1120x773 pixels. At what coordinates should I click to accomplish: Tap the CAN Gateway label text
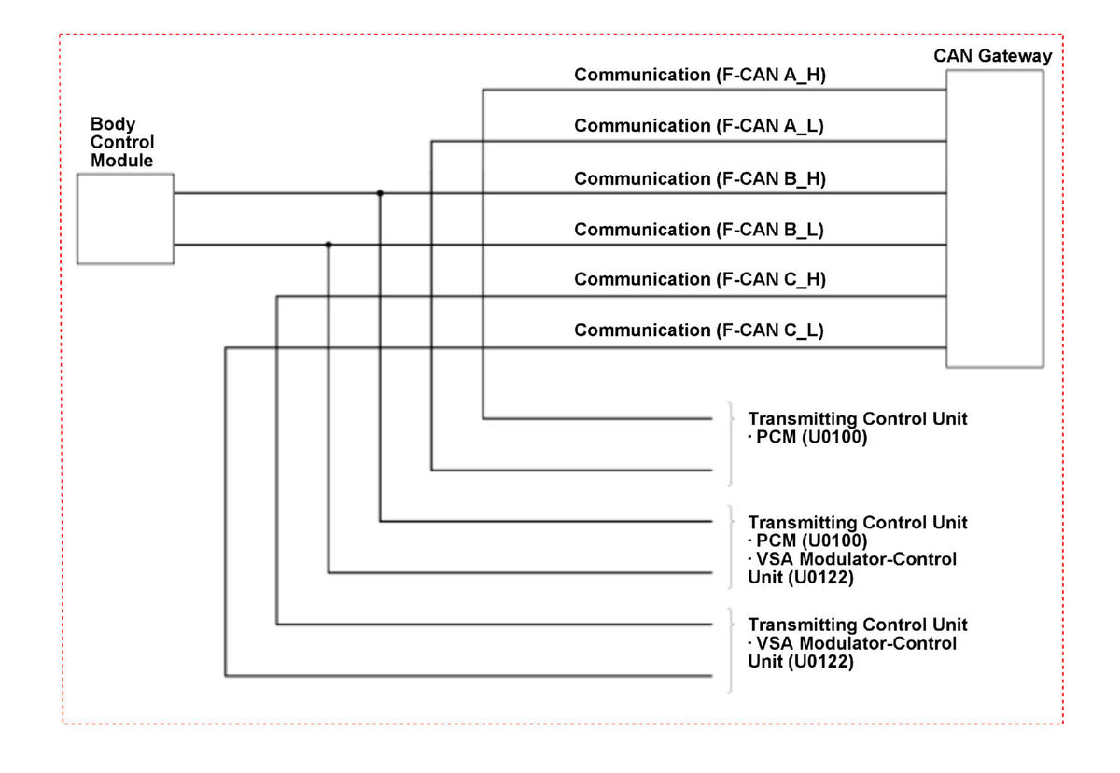click(x=992, y=55)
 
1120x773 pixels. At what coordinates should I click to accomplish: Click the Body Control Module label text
click(x=122, y=142)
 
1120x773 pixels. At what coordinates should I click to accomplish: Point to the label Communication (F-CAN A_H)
click(x=700, y=75)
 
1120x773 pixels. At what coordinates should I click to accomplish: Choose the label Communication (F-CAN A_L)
click(x=699, y=125)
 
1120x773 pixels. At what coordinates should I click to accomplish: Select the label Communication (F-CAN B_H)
click(x=700, y=178)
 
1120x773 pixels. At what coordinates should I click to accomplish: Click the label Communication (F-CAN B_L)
click(x=699, y=230)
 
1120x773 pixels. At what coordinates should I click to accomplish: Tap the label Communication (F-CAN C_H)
click(x=700, y=279)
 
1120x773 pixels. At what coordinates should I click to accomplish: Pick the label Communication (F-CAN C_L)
click(x=699, y=330)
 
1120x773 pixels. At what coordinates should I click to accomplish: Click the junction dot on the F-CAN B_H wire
click(x=380, y=193)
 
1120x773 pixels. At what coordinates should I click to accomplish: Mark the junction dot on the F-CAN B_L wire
click(x=329, y=245)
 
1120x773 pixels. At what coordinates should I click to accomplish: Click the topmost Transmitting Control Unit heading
click(x=858, y=418)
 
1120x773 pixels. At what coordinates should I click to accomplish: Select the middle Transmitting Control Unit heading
click(x=858, y=523)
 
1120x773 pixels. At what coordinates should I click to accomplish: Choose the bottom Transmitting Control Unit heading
click(x=858, y=625)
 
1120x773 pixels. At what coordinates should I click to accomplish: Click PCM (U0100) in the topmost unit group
click(x=811, y=437)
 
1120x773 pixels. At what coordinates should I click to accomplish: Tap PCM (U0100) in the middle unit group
click(x=811, y=541)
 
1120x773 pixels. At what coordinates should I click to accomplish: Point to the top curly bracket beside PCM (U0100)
click(x=731, y=444)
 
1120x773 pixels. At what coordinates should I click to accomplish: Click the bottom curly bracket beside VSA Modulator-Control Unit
click(x=731, y=650)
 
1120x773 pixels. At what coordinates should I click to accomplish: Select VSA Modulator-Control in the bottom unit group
click(x=856, y=643)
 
